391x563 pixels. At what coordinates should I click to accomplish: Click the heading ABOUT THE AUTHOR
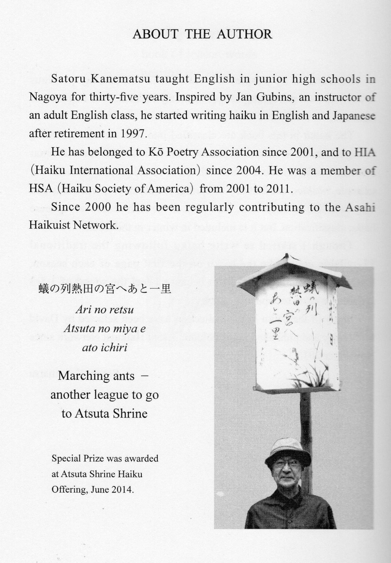pos(202,34)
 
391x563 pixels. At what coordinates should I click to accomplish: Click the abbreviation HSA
pos(39,188)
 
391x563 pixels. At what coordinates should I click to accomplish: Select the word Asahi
pos(360,207)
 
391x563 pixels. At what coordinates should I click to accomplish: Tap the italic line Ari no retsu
pos(105,309)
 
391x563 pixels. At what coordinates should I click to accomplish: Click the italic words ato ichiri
pos(105,347)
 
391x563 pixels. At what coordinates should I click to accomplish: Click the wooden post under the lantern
pos(305,413)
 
